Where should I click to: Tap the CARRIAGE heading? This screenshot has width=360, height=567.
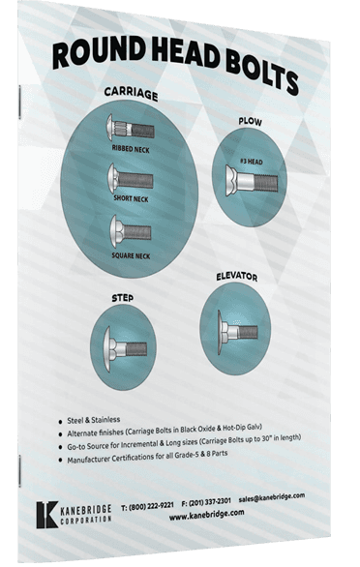(x=133, y=94)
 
